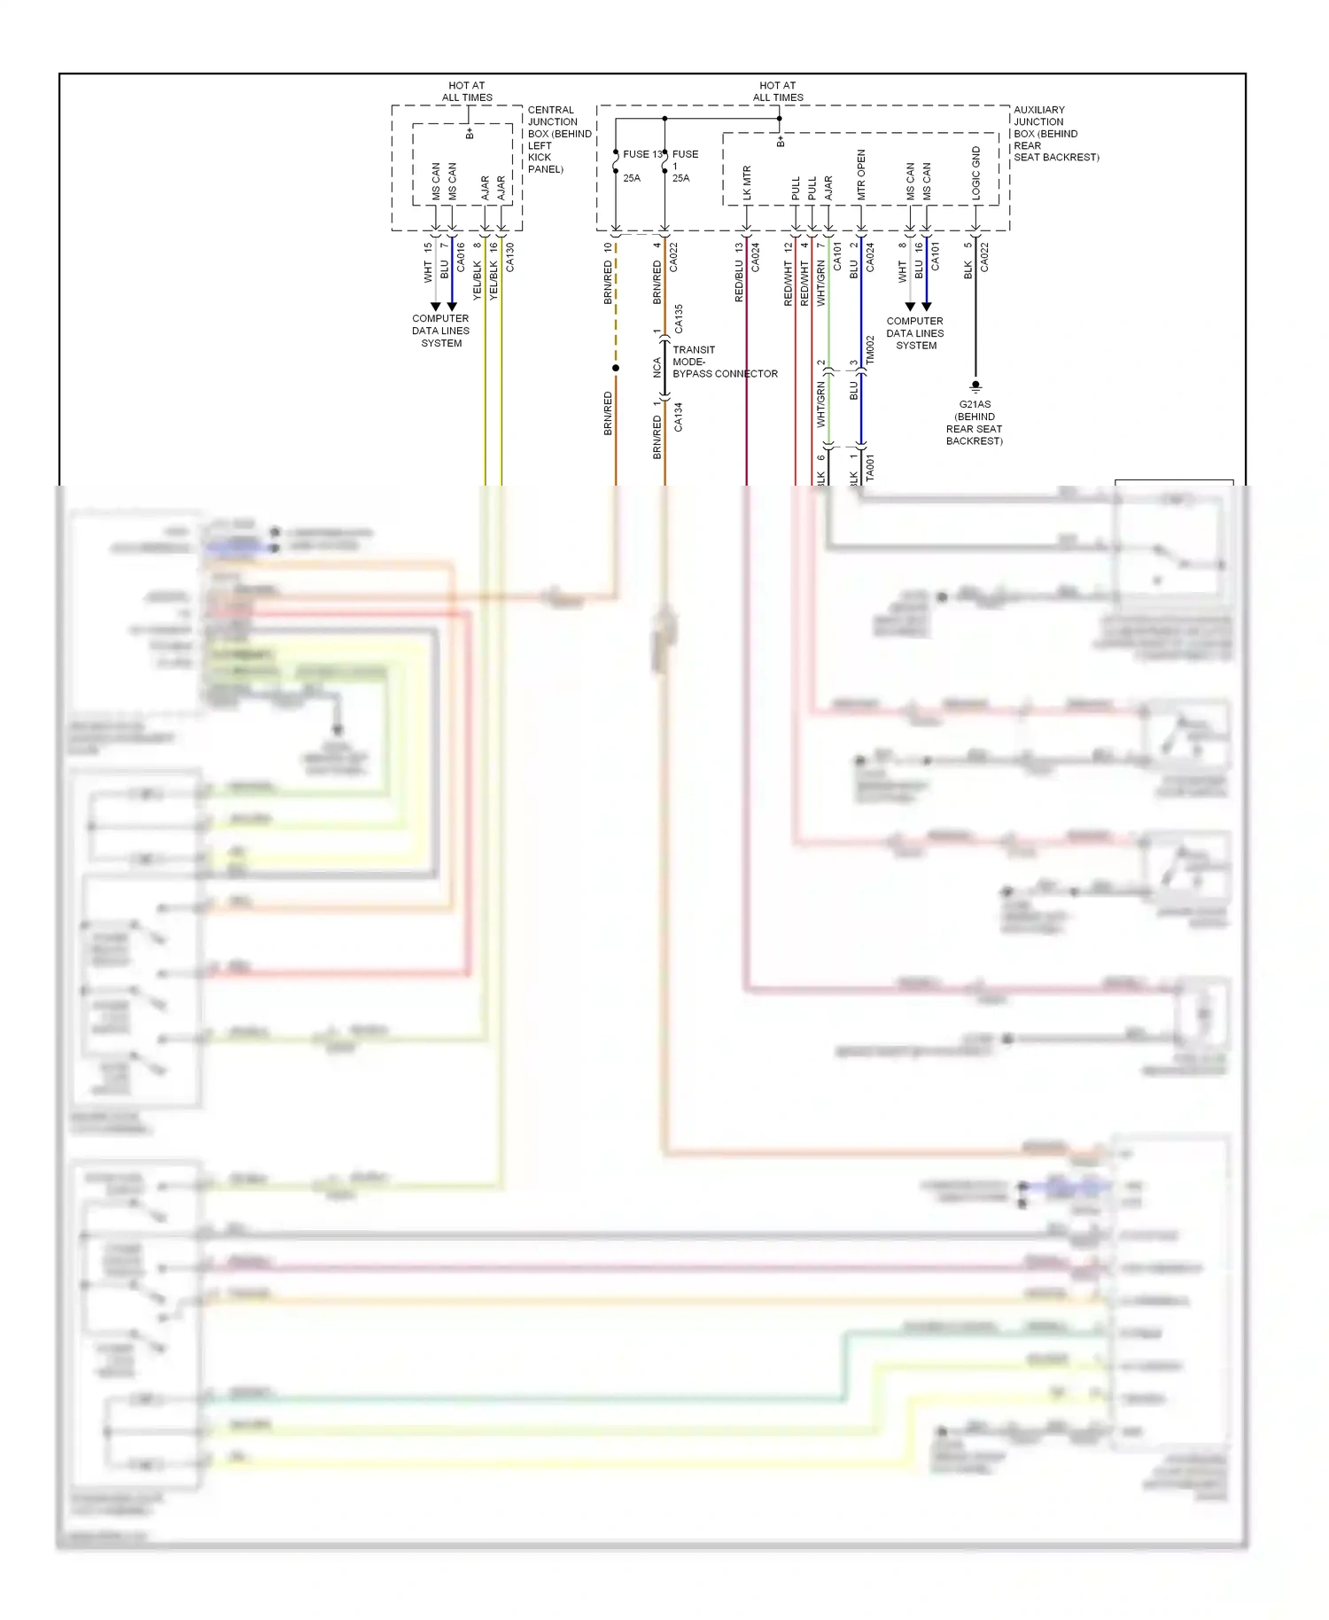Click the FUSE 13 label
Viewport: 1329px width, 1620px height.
click(x=641, y=154)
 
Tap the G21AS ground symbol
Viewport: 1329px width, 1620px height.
click(x=975, y=386)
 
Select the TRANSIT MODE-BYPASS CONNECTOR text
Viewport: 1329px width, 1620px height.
click(x=724, y=362)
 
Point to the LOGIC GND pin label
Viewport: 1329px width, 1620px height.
click(x=976, y=173)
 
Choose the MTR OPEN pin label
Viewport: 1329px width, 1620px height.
click(x=861, y=175)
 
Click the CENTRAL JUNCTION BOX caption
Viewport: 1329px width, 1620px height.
click(x=558, y=139)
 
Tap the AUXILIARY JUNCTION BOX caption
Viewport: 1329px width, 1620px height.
click(x=1055, y=134)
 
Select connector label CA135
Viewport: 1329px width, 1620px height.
click(x=679, y=318)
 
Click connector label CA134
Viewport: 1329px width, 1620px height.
click(x=679, y=417)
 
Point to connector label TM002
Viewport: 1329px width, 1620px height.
click(x=870, y=348)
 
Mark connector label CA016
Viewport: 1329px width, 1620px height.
click(x=461, y=257)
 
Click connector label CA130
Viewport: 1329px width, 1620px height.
click(x=510, y=257)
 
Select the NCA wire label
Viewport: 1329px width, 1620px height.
click(x=657, y=367)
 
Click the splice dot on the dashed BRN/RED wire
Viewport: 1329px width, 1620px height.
click(x=616, y=368)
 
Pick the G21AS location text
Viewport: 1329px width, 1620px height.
click(x=975, y=423)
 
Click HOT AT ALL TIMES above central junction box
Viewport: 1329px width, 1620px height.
click(x=467, y=91)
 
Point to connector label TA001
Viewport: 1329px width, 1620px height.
click(x=870, y=467)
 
